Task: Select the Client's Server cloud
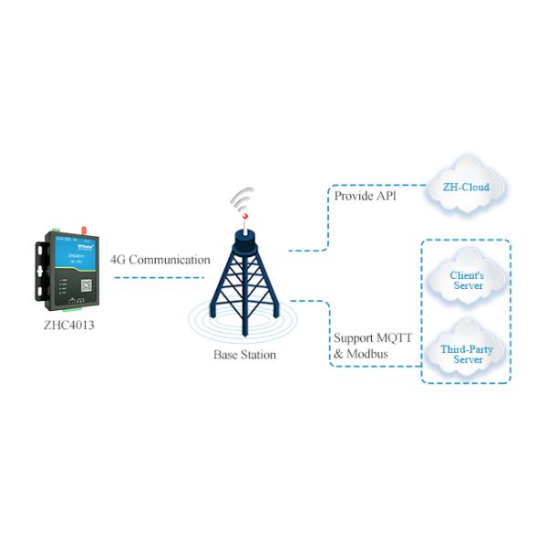click(x=468, y=280)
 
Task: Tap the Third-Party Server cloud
click(x=468, y=354)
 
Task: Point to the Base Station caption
click(x=244, y=355)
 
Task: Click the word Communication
click(x=170, y=260)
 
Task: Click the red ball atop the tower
click(x=243, y=216)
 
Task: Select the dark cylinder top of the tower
click(x=243, y=239)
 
